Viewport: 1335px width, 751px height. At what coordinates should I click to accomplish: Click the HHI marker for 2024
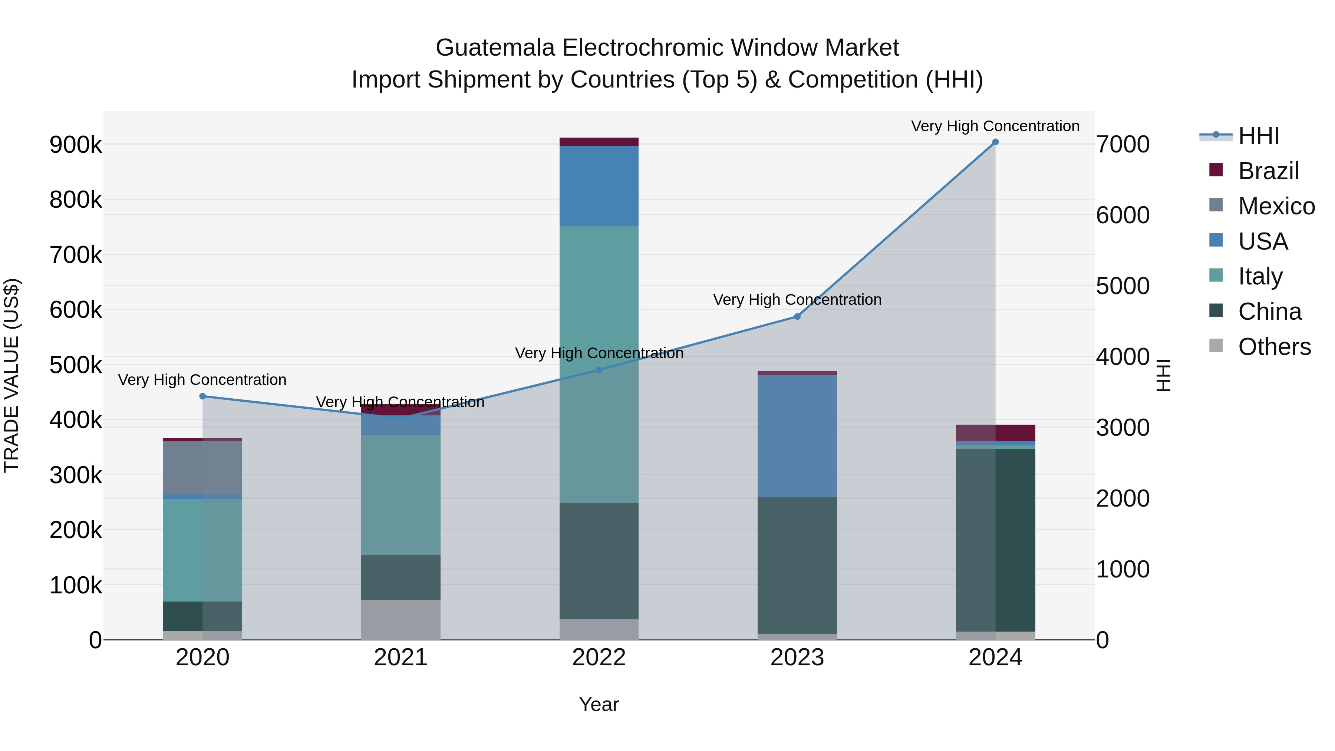995,142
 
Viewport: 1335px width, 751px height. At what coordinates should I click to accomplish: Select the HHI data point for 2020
202,396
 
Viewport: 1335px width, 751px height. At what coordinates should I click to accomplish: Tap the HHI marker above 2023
797,317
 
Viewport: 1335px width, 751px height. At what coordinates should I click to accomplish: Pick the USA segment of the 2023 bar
797,436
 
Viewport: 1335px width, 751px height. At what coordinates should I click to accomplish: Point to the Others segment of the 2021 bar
400,619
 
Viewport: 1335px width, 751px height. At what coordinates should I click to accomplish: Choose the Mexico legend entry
1276,206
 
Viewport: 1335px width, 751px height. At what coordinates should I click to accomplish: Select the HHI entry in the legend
1258,136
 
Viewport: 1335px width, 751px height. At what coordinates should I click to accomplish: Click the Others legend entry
1274,347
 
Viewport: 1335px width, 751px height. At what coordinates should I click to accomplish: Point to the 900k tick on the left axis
76,145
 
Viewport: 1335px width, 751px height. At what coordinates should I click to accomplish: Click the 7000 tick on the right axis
1123,145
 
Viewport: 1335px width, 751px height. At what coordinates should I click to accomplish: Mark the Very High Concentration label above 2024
995,126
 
